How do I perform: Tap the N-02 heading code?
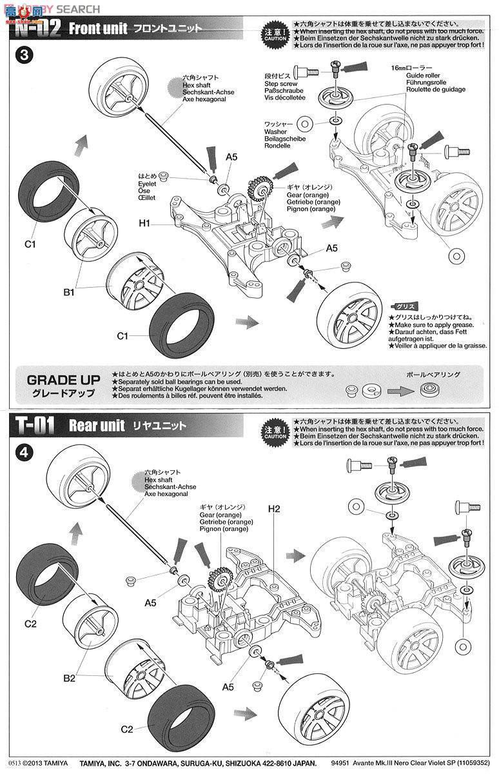[36, 28]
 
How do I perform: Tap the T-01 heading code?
[33, 425]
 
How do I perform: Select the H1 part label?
[144, 223]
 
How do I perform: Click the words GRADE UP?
[59, 379]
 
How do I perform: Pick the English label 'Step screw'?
[280, 83]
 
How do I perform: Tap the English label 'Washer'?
[275, 131]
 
